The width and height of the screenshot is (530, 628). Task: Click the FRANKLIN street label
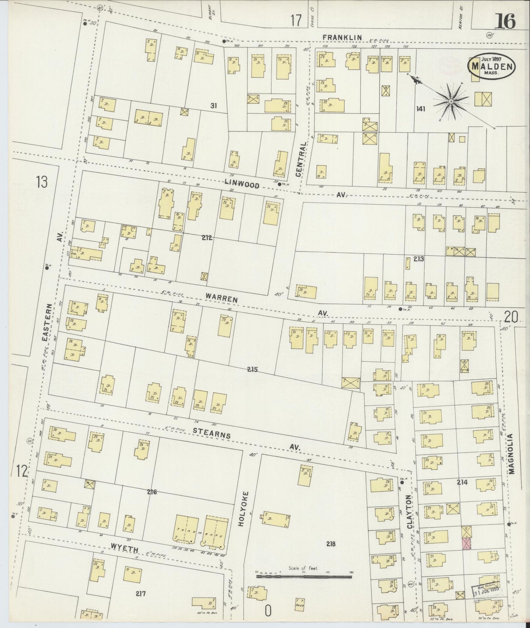click(x=342, y=37)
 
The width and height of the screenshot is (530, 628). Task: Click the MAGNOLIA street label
click(x=512, y=454)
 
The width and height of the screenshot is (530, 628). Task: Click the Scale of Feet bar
click(x=304, y=576)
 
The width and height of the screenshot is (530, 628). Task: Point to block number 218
click(x=331, y=544)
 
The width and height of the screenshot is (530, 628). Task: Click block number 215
click(x=252, y=369)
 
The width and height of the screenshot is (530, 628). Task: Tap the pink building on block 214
click(x=466, y=544)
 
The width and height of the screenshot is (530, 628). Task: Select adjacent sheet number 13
click(x=42, y=182)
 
